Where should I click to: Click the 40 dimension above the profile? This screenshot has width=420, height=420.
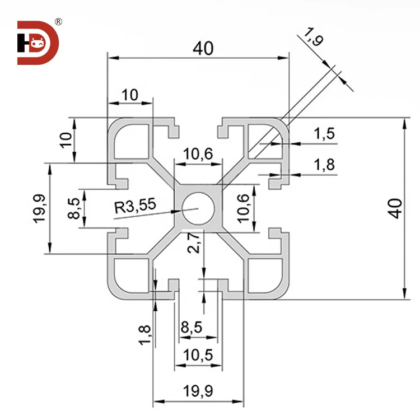click(x=203, y=49)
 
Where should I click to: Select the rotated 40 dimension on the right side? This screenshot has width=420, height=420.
click(x=395, y=208)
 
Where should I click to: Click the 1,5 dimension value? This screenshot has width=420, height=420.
click(x=324, y=133)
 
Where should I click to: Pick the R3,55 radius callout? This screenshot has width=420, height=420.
click(x=134, y=208)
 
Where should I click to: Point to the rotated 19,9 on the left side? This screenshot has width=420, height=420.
click(x=39, y=209)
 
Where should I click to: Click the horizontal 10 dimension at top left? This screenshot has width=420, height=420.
click(x=130, y=95)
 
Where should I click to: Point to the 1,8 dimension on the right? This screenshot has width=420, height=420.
click(x=324, y=165)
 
